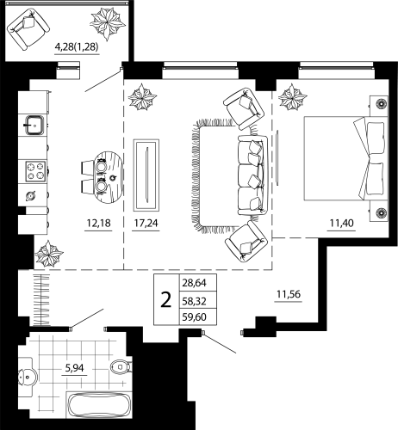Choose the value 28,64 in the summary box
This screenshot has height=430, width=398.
[x=194, y=283]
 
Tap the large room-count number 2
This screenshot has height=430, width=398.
[x=165, y=300]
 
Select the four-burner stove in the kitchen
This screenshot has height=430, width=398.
[x=36, y=169]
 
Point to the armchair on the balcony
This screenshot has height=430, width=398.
[x=28, y=28]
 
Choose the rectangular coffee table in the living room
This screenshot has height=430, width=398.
[x=148, y=172]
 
